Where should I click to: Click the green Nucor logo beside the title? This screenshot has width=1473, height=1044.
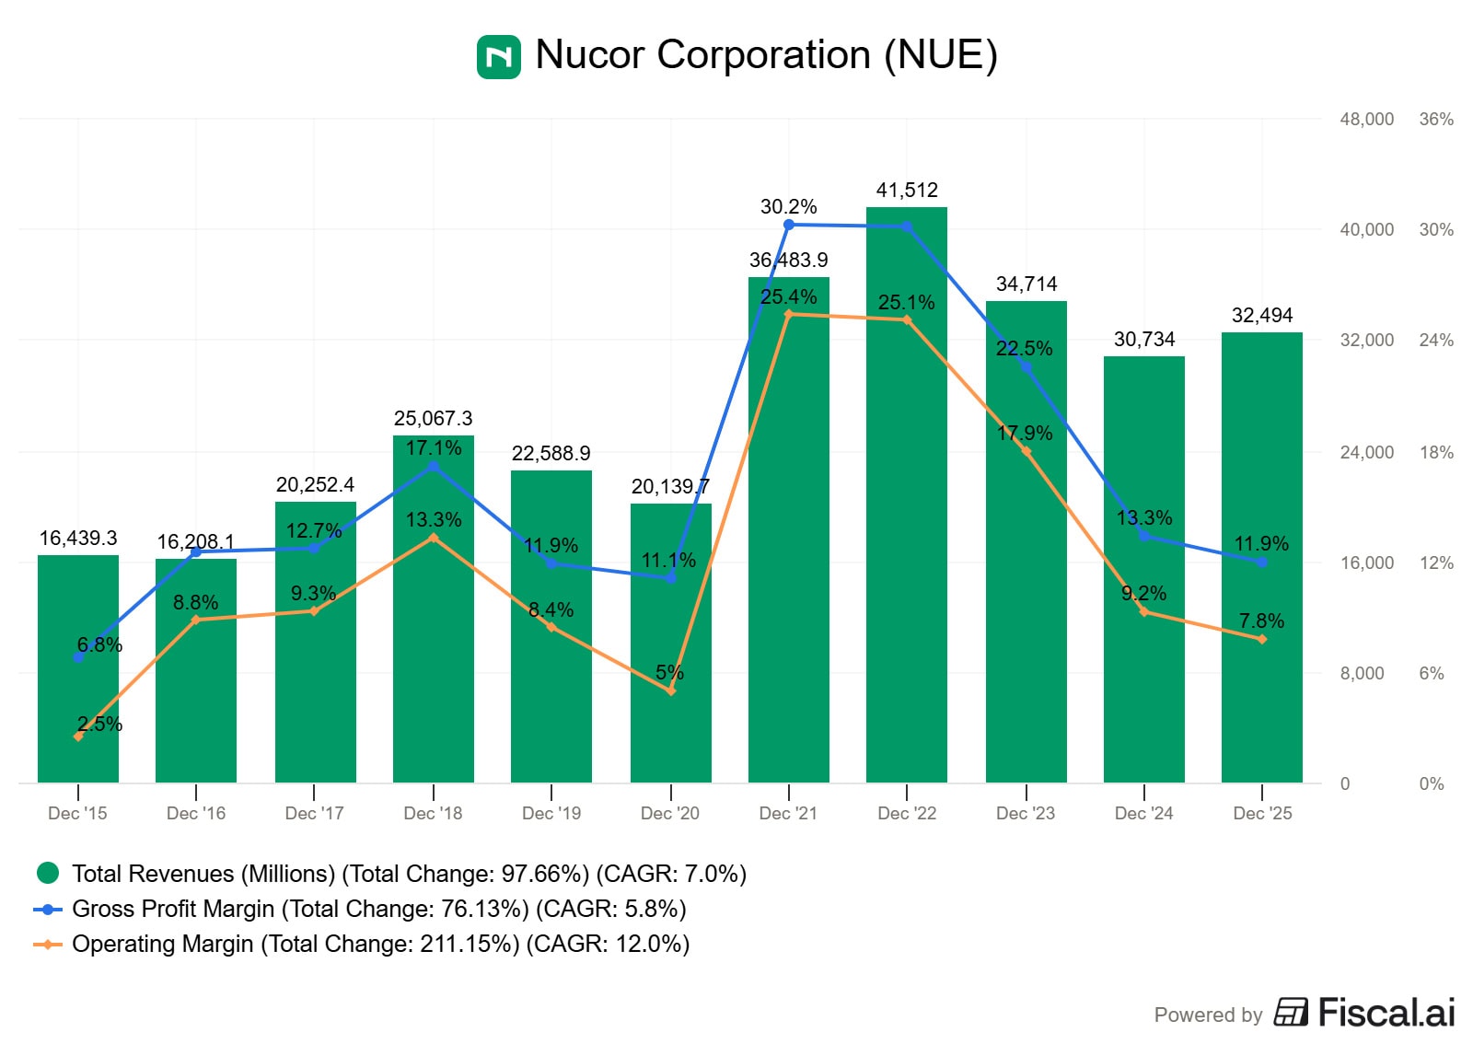point(498,57)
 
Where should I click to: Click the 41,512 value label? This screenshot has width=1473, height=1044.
point(907,191)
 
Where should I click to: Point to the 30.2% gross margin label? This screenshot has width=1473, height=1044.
point(788,207)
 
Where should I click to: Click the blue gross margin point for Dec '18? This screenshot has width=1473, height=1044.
point(434,467)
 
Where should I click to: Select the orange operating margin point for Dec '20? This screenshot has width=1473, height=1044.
point(670,690)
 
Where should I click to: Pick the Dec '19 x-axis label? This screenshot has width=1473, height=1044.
point(551,813)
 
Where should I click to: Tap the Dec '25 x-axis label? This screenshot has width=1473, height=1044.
point(1262,813)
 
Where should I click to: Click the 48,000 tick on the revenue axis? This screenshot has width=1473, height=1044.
point(1366,120)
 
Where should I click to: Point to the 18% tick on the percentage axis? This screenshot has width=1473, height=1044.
point(1436,452)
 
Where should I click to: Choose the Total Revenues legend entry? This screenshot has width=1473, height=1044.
point(409,874)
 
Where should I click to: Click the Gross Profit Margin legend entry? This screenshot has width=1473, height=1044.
point(378,909)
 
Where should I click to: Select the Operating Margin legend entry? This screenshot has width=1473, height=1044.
point(380,944)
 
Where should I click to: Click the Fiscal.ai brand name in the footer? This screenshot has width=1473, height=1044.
point(1386,1013)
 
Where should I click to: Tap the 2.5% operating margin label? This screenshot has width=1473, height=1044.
point(99,725)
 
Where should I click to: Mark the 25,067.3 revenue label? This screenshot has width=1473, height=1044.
point(433,419)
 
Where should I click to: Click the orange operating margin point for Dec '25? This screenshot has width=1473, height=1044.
point(1262,639)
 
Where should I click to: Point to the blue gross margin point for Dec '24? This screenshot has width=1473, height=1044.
point(1144,535)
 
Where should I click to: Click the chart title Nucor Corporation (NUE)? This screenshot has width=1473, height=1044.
point(766,55)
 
